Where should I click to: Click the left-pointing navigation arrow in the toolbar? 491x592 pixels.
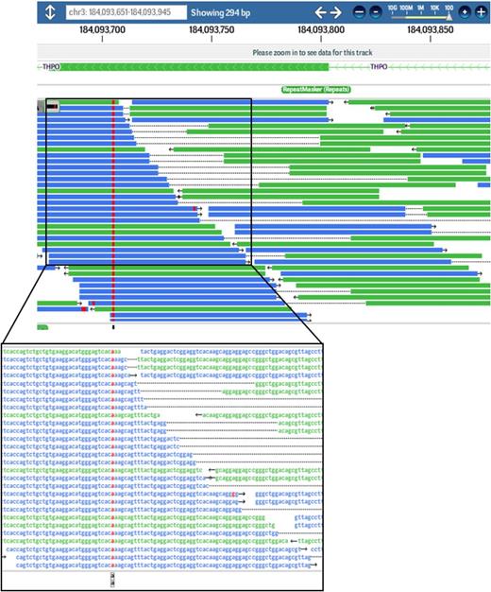pyautogui.click(x=320, y=13)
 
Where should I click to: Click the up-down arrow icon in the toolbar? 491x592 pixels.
pyautogui.click(x=49, y=13)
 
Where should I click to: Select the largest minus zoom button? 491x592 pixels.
pyautogui.click(x=361, y=13)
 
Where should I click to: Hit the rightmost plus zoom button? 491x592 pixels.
pyautogui.click(x=481, y=13)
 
